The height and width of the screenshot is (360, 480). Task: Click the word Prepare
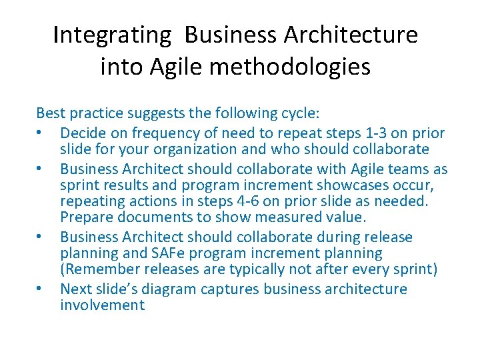click(87, 217)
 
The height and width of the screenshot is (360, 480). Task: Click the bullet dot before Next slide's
click(41, 289)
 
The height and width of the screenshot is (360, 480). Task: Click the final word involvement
click(102, 305)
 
